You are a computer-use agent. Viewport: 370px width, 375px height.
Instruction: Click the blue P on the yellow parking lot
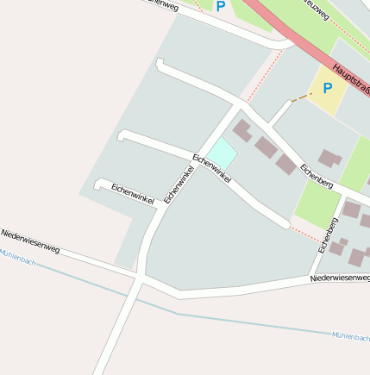[x=328, y=87]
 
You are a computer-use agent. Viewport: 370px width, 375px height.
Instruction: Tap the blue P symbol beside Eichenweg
[x=221, y=7]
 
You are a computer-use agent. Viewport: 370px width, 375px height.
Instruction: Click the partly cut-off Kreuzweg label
[x=317, y=13]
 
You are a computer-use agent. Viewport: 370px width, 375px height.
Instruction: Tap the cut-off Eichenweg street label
[x=162, y=4]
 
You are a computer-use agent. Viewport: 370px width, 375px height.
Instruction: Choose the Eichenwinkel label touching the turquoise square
[x=212, y=168]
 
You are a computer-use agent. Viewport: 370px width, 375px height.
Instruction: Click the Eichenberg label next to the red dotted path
[x=329, y=235]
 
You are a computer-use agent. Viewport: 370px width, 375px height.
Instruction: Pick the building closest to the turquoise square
[x=243, y=131]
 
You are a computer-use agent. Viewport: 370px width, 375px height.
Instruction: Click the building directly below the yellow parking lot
[x=329, y=158]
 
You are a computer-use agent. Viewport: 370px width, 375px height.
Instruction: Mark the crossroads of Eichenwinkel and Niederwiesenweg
[x=139, y=279]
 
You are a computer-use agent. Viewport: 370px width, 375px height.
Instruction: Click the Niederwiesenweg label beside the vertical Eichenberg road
[x=340, y=278]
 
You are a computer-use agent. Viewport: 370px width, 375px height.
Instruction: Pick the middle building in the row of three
[x=266, y=147]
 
